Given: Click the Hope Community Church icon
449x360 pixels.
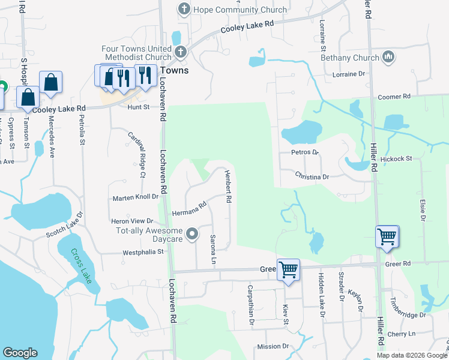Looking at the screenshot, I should click(x=184, y=9).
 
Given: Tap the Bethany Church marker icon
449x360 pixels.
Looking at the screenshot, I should click(x=388, y=57).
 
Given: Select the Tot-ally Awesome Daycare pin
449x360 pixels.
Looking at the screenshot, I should click(x=192, y=233).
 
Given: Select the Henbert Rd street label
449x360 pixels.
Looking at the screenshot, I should click(x=228, y=185).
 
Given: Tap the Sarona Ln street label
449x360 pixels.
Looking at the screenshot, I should click(x=212, y=250).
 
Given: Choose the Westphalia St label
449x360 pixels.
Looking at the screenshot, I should click(x=143, y=252).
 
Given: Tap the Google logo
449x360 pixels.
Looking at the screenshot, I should click(x=20, y=353).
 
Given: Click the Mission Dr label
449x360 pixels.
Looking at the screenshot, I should click(x=273, y=346).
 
